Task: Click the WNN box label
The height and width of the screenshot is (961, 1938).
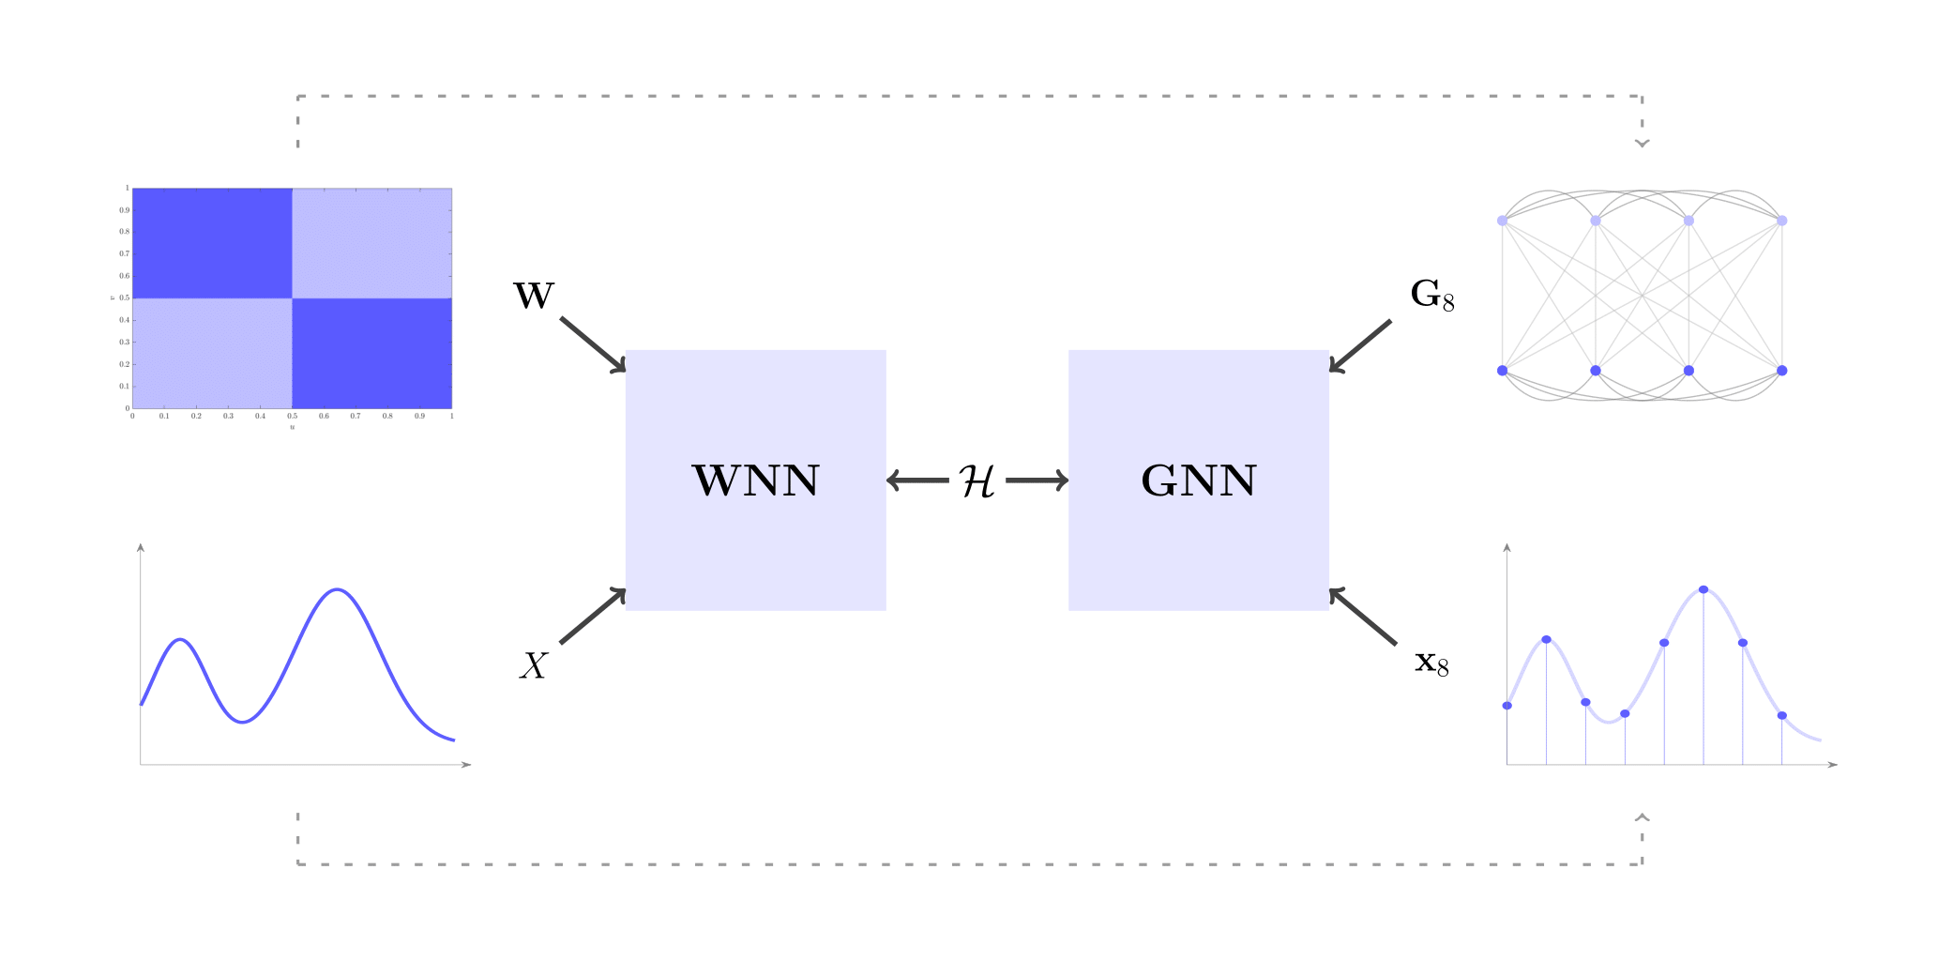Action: pyautogui.click(x=755, y=480)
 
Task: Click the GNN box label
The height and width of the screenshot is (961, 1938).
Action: pyautogui.click(x=1198, y=480)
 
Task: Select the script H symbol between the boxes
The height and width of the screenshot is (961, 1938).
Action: pyautogui.click(x=977, y=481)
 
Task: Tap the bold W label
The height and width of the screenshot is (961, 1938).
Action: pyautogui.click(x=534, y=297)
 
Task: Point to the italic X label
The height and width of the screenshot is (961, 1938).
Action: pyautogui.click(x=534, y=666)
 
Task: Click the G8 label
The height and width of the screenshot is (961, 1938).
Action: pyautogui.click(x=1431, y=295)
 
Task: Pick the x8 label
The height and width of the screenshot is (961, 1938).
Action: pyautogui.click(x=1431, y=664)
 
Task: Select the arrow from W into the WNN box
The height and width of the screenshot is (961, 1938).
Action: pyautogui.click(x=593, y=344)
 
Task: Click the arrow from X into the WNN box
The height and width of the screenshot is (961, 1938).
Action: pyautogui.click(x=593, y=617)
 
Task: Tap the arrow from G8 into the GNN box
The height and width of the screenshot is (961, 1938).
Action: pyautogui.click(x=1360, y=345)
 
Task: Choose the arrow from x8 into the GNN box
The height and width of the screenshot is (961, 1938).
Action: pyautogui.click(x=1362, y=616)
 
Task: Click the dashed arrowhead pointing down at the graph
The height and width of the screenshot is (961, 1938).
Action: pyautogui.click(x=1642, y=143)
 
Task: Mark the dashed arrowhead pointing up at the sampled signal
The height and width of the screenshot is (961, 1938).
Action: pyautogui.click(x=1642, y=817)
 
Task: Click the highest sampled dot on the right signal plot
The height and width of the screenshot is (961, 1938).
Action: pyautogui.click(x=1703, y=589)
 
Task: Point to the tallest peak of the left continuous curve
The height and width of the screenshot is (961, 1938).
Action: pyautogui.click(x=338, y=589)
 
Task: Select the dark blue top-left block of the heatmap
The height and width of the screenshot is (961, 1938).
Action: pyautogui.click(x=212, y=243)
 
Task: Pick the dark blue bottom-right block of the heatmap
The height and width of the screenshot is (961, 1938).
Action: pyautogui.click(x=372, y=353)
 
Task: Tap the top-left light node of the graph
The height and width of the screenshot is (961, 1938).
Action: pyautogui.click(x=1502, y=221)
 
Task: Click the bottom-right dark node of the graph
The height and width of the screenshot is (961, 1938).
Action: pyautogui.click(x=1782, y=371)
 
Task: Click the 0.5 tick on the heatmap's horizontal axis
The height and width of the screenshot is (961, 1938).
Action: pyautogui.click(x=293, y=415)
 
